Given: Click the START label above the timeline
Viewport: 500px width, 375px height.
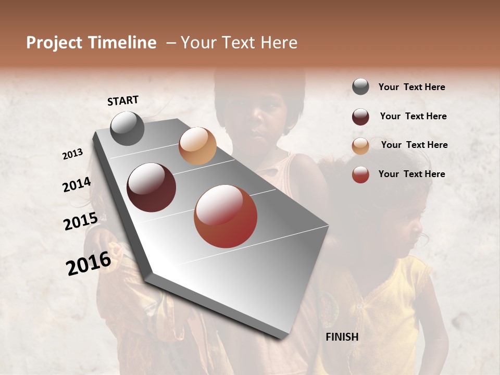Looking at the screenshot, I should pyautogui.click(x=123, y=101).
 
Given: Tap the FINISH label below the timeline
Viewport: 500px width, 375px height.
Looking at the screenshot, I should pyautogui.click(x=342, y=337).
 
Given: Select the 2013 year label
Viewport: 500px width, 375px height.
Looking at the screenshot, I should pyautogui.click(x=73, y=154).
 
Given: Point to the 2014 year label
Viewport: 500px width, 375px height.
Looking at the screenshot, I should pyautogui.click(x=77, y=185).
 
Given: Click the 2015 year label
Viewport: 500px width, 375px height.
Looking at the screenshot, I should pyautogui.click(x=81, y=221).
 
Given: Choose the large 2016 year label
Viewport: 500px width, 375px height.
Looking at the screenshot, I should pyautogui.click(x=89, y=263).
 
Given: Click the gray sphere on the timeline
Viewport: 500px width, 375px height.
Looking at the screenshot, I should pyautogui.click(x=127, y=129).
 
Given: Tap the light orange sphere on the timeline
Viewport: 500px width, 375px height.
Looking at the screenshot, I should pyautogui.click(x=197, y=146).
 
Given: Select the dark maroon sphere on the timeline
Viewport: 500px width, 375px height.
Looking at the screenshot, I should pyautogui.click(x=152, y=187).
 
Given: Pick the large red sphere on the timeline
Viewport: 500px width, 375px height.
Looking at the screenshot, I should pyautogui.click(x=226, y=217).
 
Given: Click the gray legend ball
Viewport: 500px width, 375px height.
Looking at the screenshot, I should pyautogui.click(x=360, y=87).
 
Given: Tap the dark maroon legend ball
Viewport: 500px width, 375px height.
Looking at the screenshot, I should pyautogui.click(x=360, y=117).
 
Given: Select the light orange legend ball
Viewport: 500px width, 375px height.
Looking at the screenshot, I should pyautogui.click(x=360, y=146).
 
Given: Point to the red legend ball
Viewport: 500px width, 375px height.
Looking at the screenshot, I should pyautogui.click(x=360, y=174).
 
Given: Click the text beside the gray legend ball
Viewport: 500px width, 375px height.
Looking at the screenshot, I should pyautogui.click(x=411, y=87).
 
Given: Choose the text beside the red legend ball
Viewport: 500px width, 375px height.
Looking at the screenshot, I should pyautogui.click(x=411, y=174).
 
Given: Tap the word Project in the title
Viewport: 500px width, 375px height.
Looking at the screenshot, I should pyautogui.click(x=55, y=43).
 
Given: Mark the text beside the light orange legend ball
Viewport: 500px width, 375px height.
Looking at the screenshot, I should pyautogui.click(x=414, y=145).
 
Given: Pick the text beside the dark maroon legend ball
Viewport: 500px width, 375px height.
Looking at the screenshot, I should pyautogui.click(x=413, y=116).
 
